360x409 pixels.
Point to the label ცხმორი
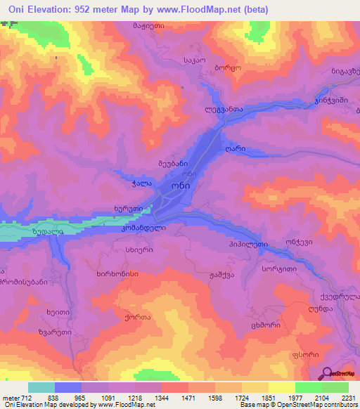click(x=267, y=325)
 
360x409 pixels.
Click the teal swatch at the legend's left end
click(x=41, y=387)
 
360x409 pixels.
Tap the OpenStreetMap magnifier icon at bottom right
click(x=326, y=373)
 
